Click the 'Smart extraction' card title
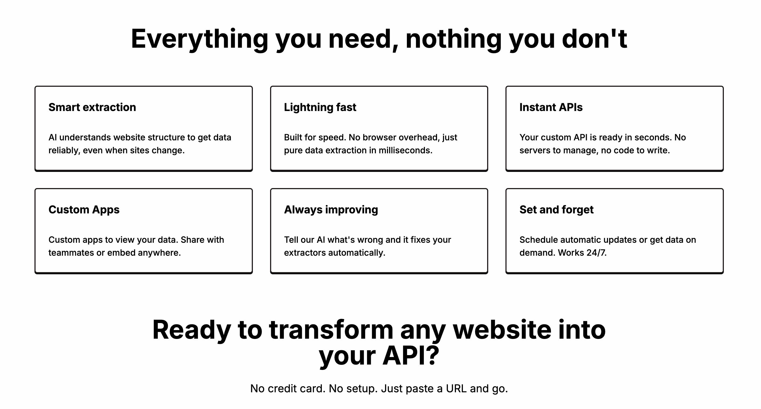(x=92, y=107)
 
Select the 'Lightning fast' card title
(x=320, y=108)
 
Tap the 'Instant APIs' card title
(x=551, y=107)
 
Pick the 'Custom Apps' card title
(x=84, y=210)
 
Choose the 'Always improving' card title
(x=331, y=210)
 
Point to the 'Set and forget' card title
(x=556, y=210)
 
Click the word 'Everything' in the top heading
(x=200, y=40)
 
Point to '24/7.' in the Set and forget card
(x=596, y=253)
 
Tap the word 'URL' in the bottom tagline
(x=456, y=389)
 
